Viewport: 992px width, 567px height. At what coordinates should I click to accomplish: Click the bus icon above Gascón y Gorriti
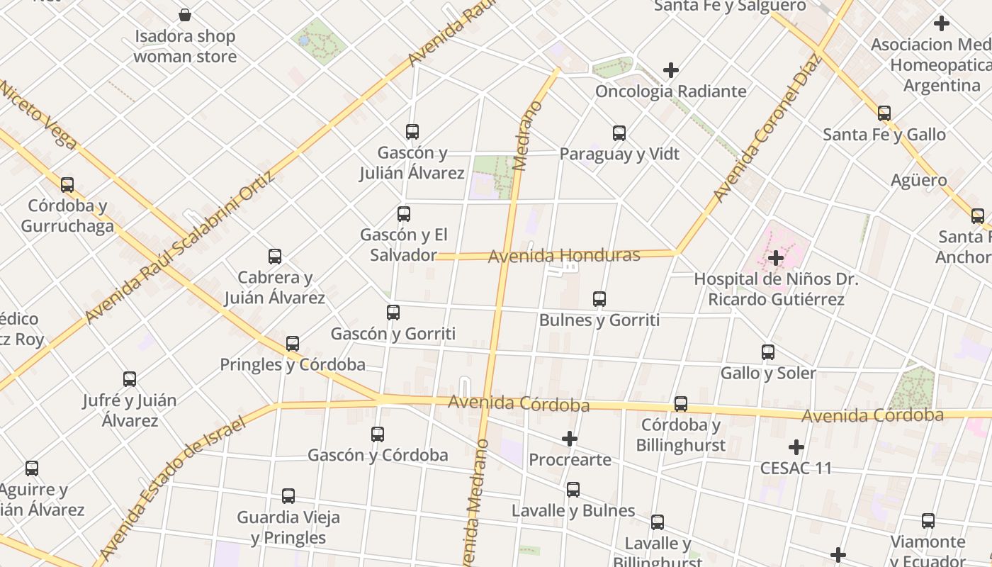click(393, 312)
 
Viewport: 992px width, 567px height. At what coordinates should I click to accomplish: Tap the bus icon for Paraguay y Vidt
click(619, 133)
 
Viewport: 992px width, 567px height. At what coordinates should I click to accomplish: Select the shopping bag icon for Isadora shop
click(185, 15)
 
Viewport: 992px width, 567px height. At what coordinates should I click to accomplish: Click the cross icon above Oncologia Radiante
click(671, 70)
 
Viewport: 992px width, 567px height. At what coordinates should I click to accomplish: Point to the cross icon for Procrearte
click(570, 439)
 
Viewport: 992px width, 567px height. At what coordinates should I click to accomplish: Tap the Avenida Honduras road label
click(564, 255)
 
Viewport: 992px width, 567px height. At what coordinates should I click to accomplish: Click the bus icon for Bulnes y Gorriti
click(599, 298)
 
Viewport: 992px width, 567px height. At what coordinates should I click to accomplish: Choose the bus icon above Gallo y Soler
click(768, 352)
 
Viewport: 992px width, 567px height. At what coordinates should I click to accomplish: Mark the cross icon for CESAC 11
click(796, 447)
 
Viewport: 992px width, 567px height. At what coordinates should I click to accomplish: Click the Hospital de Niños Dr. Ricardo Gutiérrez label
click(776, 289)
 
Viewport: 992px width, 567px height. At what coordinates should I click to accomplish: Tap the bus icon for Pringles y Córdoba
click(293, 344)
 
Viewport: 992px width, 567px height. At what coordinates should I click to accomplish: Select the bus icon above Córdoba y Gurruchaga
click(67, 184)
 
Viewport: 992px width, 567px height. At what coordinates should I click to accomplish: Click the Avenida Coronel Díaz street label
click(767, 128)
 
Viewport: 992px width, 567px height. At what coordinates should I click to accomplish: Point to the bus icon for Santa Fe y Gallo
click(884, 113)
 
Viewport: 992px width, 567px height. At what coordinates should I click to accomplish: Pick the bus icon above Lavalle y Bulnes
click(573, 489)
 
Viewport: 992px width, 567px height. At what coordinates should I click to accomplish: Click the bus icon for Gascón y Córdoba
click(378, 434)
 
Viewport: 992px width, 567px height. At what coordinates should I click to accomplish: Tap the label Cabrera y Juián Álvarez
click(275, 287)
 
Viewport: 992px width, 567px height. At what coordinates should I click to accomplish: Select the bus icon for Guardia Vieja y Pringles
click(288, 495)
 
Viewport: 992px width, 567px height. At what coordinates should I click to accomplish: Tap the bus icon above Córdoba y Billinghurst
click(681, 403)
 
